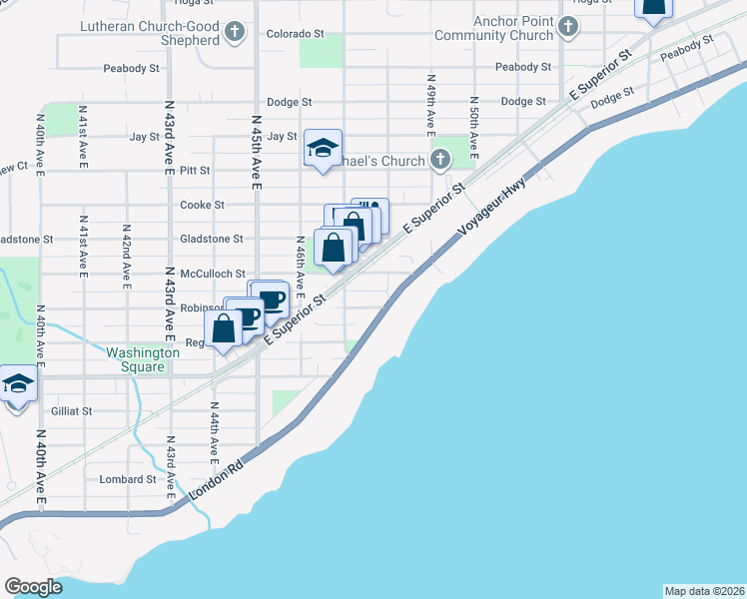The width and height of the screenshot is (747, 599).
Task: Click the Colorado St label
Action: coord(295,33)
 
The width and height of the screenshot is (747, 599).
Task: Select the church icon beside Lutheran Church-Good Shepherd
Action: coord(235,33)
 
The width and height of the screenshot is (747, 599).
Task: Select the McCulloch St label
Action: coord(212,274)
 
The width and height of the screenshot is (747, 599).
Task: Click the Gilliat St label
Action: coord(70,410)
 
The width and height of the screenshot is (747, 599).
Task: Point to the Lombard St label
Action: coord(128,479)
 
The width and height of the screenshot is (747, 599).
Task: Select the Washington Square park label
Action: coord(142,359)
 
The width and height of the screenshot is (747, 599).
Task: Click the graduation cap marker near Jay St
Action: coord(323,151)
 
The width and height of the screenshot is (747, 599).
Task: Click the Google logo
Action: coord(33,586)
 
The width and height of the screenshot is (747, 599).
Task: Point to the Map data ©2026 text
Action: coord(704,591)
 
